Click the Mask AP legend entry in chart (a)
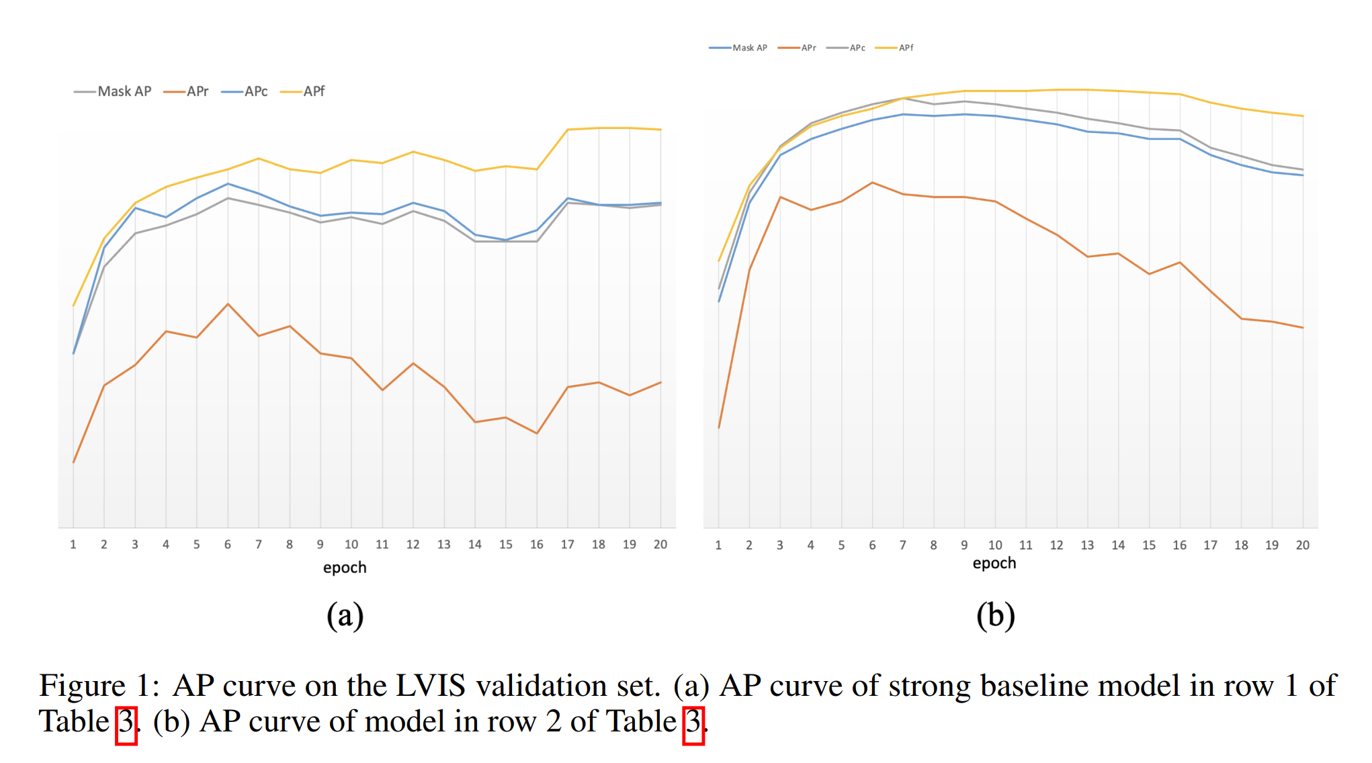click(x=113, y=91)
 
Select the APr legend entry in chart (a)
click(x=186, y=91)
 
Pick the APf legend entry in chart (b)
click(x=895, y=48)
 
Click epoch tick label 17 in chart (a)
click(x=568, y=545)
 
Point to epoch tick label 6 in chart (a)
click(x=228, y=545)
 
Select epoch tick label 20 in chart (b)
click(x=1302, y=545)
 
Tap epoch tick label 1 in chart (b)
click(x=718, y=545)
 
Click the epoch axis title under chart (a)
click(x=345, y=568)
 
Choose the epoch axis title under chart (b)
click(x=994, y=563)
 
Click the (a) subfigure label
click(x=345, y=615)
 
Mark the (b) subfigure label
click(x=995, y=615)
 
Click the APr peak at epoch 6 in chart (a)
click(x=228, y=304)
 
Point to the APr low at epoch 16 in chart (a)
click(x=537, y=433)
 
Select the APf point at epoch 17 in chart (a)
click(x=568, y=130)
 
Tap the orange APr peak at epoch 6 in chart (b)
click(x=872, y=183)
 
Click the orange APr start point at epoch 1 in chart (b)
click(x=719, y=428)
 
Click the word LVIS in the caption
click(x=430, y=686)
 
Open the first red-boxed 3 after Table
click(x=126, y=723)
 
